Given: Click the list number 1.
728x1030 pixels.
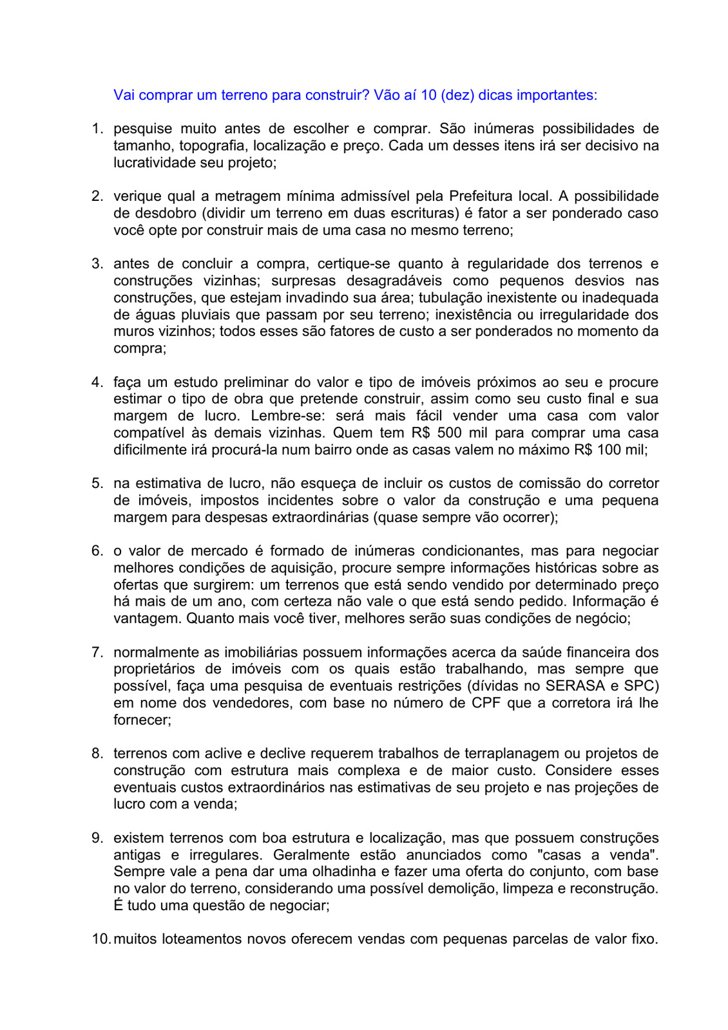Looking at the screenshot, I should coord(97,129).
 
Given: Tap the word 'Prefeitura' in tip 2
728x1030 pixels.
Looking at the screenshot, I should coord(489,196).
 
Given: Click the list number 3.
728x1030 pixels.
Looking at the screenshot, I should coord(97,264).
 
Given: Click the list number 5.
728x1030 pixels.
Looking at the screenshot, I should coord(97,483).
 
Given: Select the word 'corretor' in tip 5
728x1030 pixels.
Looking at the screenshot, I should coord(634,483).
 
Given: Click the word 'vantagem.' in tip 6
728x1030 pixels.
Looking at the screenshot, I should coord(148,619).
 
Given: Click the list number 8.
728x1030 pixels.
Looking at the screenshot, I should coord(97,754).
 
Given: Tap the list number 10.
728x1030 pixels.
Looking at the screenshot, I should coord(101,939).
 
